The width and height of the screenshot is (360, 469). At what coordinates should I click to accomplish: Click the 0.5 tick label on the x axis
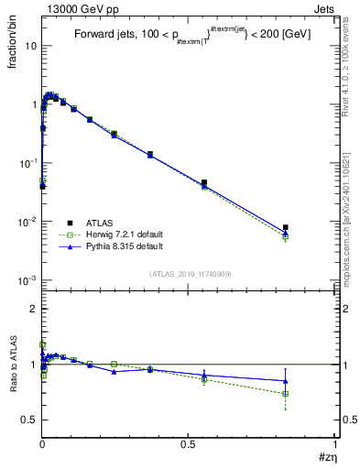click(x=189, y=443)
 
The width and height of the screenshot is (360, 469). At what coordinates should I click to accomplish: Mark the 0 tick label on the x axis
click(x=42, y=443)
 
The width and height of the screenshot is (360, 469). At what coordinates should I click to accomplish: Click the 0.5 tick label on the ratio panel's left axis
click(x=28, y=420)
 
